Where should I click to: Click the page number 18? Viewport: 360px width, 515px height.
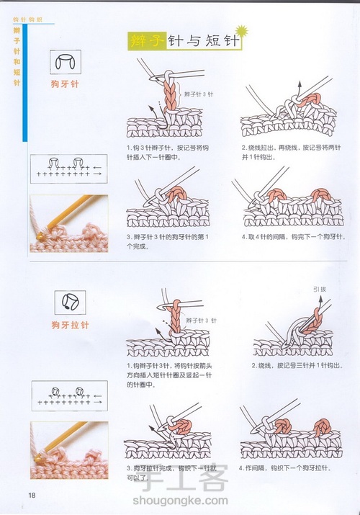pos(32,494)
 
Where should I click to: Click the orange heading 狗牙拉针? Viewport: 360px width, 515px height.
pos(70,325)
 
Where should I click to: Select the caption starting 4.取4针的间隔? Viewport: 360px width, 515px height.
pos(291,236)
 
